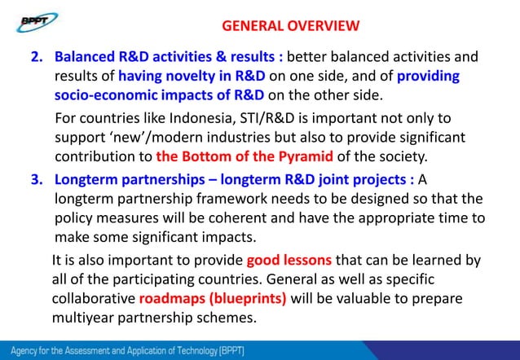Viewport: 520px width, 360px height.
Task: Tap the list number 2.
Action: (x=37, y=58)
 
